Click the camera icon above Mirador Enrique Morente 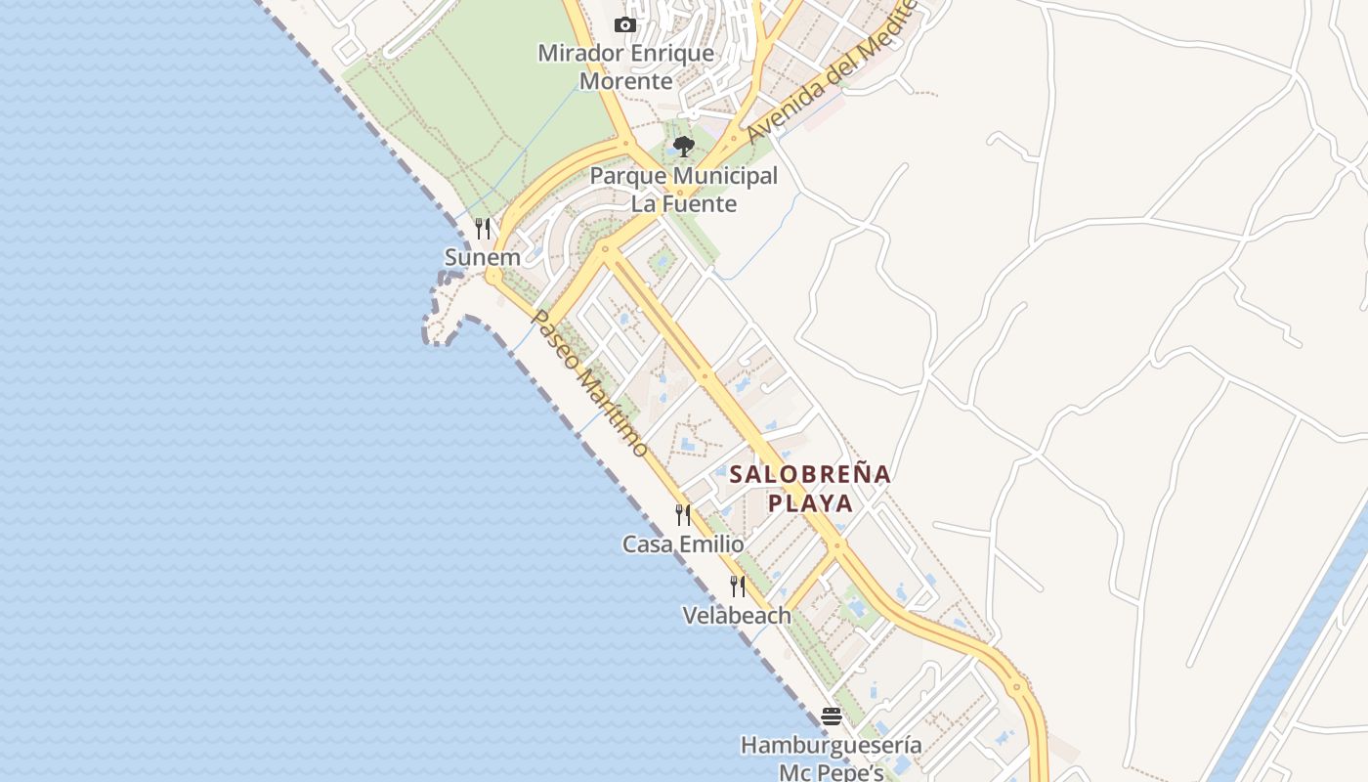[625, 25]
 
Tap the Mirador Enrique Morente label [626, 66]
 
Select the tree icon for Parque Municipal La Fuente [684, 147]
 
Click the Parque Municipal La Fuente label [684, 190]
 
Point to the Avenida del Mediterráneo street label [831, 73]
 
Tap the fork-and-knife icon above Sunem [483, 229]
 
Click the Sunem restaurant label [483, 258]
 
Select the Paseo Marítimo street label [589, 384]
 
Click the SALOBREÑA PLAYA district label [810, 489]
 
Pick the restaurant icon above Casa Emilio [683, 514]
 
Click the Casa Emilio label [683, 544]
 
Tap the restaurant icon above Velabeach [738, 586]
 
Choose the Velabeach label [737, 616]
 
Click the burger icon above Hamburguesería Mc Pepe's [832, 717]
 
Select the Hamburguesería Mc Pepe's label [831, 759]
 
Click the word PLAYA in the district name [810, 503]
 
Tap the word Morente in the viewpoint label [626, 81]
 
